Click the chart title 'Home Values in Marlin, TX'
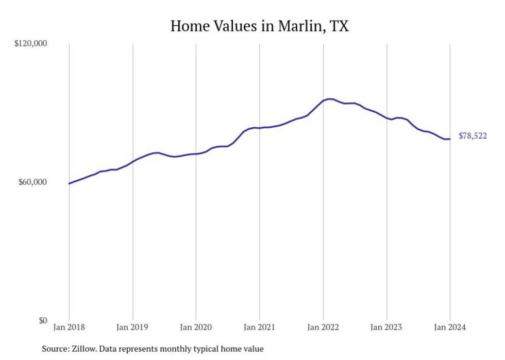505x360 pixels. tap(259, 26)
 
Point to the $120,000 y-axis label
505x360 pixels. tap(30, 44)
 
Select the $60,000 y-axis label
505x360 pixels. tap(32, 182)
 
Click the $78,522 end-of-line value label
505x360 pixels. tap(473, 136)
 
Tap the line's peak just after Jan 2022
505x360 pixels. tap(329, 99)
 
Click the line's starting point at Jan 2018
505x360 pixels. tap(69, 183)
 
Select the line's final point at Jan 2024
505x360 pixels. tap(450, 139)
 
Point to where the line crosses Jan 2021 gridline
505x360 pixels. tap(259, 128)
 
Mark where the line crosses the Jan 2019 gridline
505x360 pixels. tap(132, 161)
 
